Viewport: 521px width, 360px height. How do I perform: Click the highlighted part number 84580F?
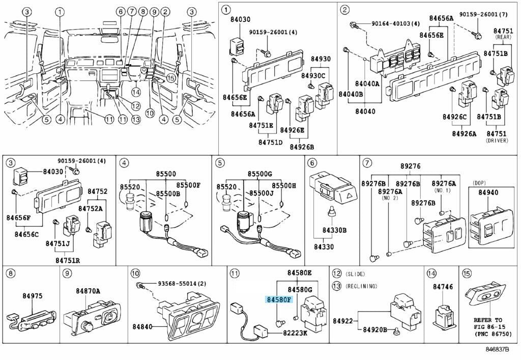[x=278, y=299]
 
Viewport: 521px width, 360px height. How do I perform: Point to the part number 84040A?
[x=367, y=84]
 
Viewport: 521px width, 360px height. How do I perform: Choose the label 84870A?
[x=88, y=291]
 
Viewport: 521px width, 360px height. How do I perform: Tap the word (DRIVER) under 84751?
[x=498, y=140]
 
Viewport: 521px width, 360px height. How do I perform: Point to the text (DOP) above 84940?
[x=480, y=182]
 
